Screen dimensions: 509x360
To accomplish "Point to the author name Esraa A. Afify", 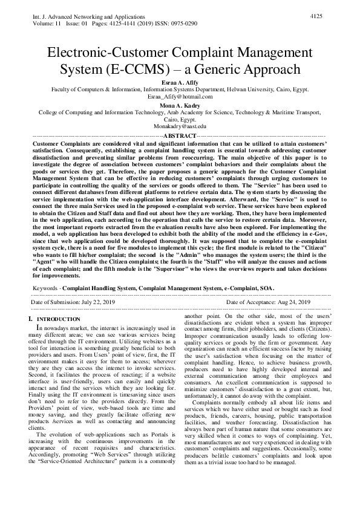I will coord(180,82).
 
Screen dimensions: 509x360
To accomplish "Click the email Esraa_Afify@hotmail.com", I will coord(180,96).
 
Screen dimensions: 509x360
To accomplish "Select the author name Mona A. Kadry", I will coord(180,105).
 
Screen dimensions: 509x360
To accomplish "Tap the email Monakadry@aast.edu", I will coord(180,126).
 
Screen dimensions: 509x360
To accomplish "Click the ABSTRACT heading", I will coord(180,134).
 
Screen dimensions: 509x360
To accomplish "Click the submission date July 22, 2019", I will coord(96,302).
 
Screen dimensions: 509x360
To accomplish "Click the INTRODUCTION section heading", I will coord(59,319).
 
